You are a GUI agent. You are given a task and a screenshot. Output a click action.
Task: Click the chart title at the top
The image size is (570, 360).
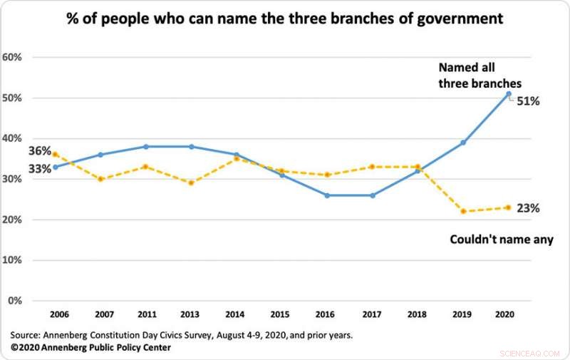click(285, 19)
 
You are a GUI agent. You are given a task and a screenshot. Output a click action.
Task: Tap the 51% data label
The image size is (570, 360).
click(528, 101)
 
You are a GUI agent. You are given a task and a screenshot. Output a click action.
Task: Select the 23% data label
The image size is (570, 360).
click(528, 208)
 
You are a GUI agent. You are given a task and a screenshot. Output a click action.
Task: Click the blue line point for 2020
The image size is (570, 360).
click(508, 94)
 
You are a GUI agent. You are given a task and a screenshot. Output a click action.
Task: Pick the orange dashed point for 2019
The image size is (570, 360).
click(463, 211)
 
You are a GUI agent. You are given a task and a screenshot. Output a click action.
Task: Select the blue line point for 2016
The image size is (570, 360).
click(327, 195)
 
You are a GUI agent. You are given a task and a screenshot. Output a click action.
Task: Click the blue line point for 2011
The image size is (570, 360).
click(146, 147)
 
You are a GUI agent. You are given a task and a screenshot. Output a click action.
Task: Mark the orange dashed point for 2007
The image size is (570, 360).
click(101, 179)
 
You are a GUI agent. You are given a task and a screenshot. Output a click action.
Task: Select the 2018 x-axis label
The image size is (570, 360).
click(418, 314)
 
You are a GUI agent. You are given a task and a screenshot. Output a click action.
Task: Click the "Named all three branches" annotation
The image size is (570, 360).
click(480, 76)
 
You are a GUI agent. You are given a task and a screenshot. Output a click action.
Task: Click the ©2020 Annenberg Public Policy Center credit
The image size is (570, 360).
click(90, 347)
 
